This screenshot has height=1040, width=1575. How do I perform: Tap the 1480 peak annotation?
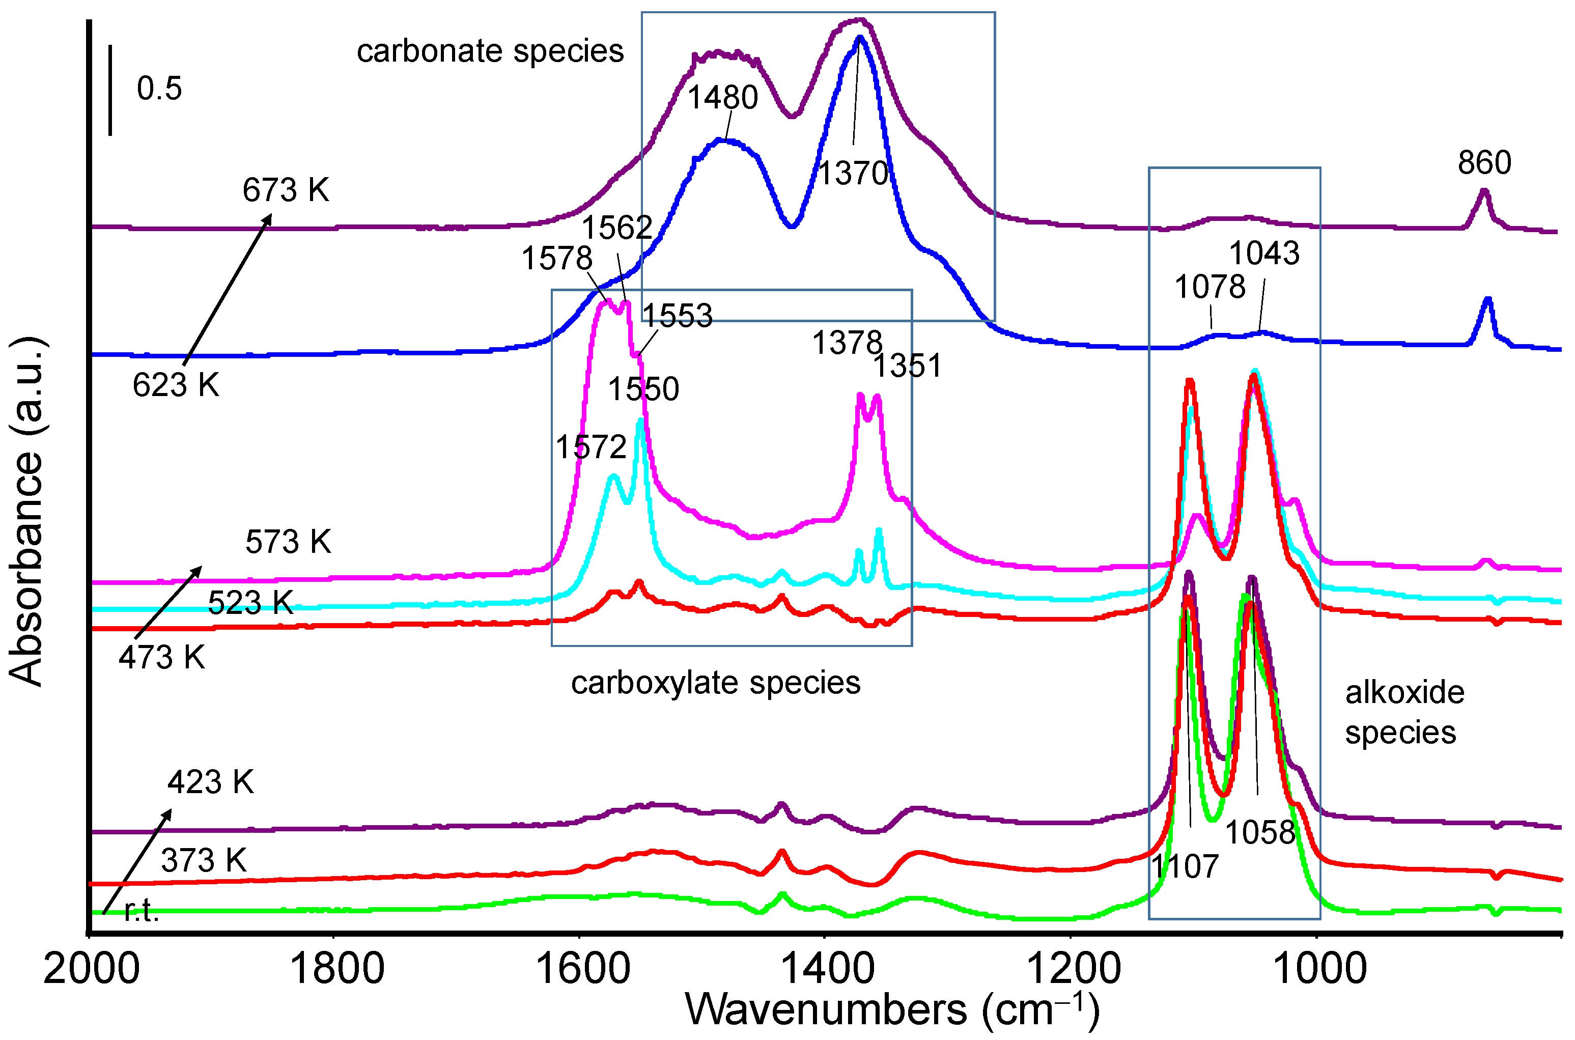(x=722, y=98)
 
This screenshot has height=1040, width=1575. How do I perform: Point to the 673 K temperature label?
(x=286, y=191)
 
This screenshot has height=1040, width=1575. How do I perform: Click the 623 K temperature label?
(x=176, y=386)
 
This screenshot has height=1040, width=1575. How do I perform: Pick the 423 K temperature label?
(x=211, y=782)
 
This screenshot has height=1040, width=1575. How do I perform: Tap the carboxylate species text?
(x=716, y=683)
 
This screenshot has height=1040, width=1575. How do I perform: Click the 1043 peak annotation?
(x=1264, y=254)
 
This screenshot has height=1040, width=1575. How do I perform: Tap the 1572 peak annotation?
(x=591, y=447)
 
